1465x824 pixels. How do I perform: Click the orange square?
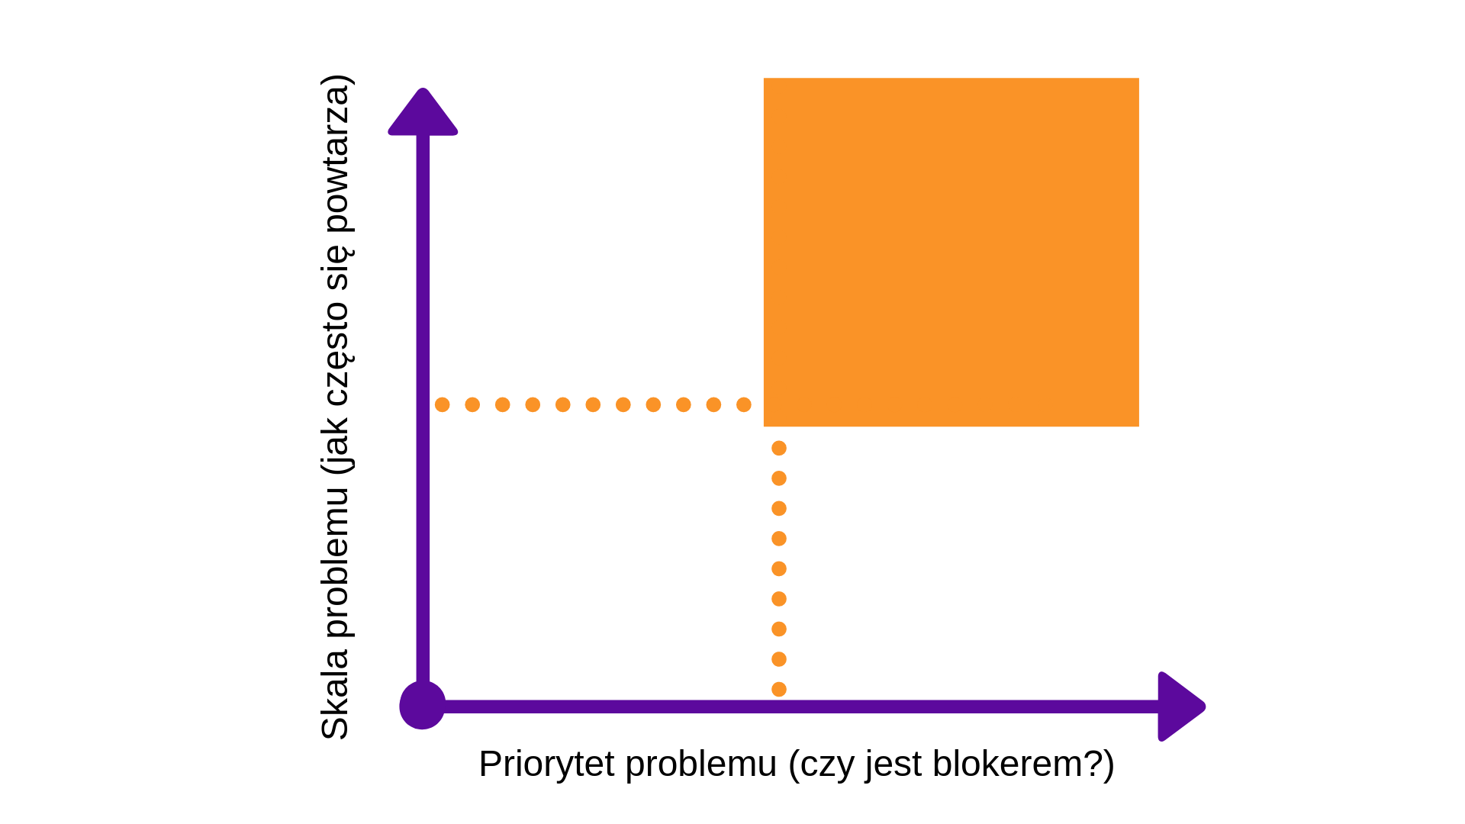pos(951,252)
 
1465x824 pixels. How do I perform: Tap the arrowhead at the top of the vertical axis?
pos(423,113)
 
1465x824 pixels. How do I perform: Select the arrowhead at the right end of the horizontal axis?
pos(1180,707)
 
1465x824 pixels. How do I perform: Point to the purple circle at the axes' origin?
pos(422,706)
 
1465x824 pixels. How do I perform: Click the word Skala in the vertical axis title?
pos(335,695)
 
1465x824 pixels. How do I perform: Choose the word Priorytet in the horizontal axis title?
pos(546,764)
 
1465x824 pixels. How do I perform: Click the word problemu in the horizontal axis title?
pos(701,764)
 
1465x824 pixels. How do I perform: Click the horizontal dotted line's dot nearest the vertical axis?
pos(442,404)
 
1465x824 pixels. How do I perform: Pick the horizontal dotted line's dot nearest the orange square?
pos(744,404)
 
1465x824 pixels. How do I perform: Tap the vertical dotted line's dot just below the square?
pos(779,448)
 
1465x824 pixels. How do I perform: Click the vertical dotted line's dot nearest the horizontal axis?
pos(779,690)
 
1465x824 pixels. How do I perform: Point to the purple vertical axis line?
pos(423,408)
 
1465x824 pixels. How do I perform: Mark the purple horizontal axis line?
pos(801,707)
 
